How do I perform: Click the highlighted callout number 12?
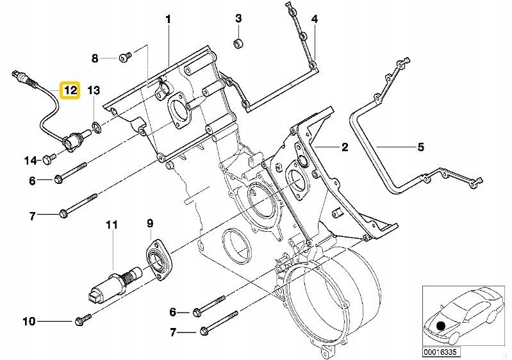click(69, 90)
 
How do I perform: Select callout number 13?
click(94, 90)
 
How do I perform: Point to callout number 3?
click(238, 18)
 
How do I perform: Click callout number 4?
click(315, 19)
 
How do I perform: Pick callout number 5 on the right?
click(420, 148)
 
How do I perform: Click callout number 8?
click(95, 58)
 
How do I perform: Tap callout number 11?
click(113, 225)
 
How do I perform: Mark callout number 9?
click(150, 224)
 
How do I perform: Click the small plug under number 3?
click(238, 44)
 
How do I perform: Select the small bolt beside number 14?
click(49, 158)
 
